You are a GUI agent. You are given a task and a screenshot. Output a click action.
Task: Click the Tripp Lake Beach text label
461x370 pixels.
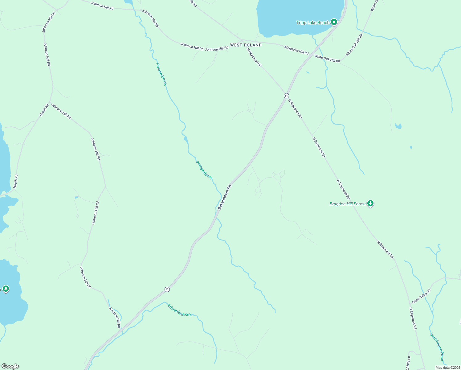312,23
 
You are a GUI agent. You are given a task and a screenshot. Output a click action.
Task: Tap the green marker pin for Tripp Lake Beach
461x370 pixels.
334,22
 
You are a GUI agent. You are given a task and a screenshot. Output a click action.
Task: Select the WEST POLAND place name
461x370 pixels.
246,45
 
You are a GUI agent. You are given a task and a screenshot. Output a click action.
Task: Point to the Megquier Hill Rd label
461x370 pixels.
296,50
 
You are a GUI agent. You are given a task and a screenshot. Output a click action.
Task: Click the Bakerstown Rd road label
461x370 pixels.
224,197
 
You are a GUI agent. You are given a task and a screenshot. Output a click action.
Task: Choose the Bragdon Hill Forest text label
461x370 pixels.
348,204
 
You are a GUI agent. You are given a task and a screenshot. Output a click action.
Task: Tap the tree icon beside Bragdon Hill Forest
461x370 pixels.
370,203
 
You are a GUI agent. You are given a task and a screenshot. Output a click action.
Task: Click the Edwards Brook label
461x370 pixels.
179,310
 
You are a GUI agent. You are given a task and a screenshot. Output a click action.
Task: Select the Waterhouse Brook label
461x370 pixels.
437,347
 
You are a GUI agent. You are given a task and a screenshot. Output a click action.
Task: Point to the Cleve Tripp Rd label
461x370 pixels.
421,296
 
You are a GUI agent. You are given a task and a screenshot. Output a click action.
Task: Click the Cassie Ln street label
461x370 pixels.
408,363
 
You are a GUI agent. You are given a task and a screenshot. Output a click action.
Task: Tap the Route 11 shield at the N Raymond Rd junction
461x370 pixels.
286,96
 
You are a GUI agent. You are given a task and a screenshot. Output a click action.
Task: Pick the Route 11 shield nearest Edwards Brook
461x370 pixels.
167,289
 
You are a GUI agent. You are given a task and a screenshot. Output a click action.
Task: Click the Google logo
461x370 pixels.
10,366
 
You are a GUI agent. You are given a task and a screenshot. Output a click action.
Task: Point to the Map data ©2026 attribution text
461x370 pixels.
447,368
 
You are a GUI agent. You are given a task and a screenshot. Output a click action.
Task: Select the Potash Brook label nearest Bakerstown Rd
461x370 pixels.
204,170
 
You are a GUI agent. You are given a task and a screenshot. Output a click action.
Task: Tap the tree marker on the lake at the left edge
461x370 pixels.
6,289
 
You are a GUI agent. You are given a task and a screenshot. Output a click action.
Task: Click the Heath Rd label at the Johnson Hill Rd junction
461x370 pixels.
44,110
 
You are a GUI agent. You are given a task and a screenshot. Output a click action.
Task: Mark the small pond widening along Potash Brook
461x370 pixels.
186,140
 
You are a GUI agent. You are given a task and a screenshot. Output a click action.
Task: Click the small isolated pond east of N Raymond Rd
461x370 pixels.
398,126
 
